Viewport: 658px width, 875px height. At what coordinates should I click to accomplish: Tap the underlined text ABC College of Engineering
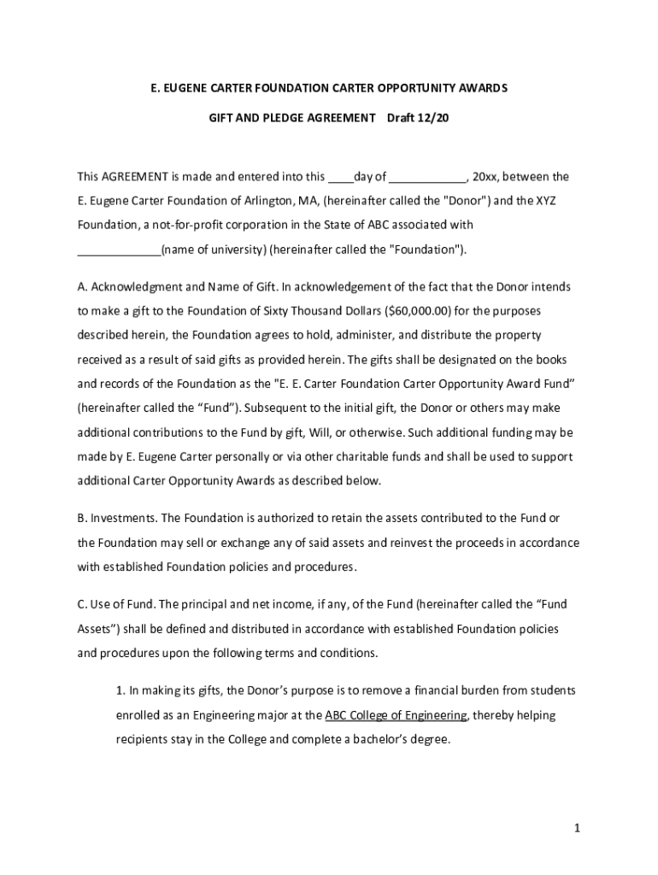pos(396,714)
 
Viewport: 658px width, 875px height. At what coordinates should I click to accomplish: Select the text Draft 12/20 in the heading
pos(418,116)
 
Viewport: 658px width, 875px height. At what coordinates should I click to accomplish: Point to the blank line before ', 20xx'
pos(429,177)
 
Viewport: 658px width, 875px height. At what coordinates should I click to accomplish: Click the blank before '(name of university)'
pos(119,250)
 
